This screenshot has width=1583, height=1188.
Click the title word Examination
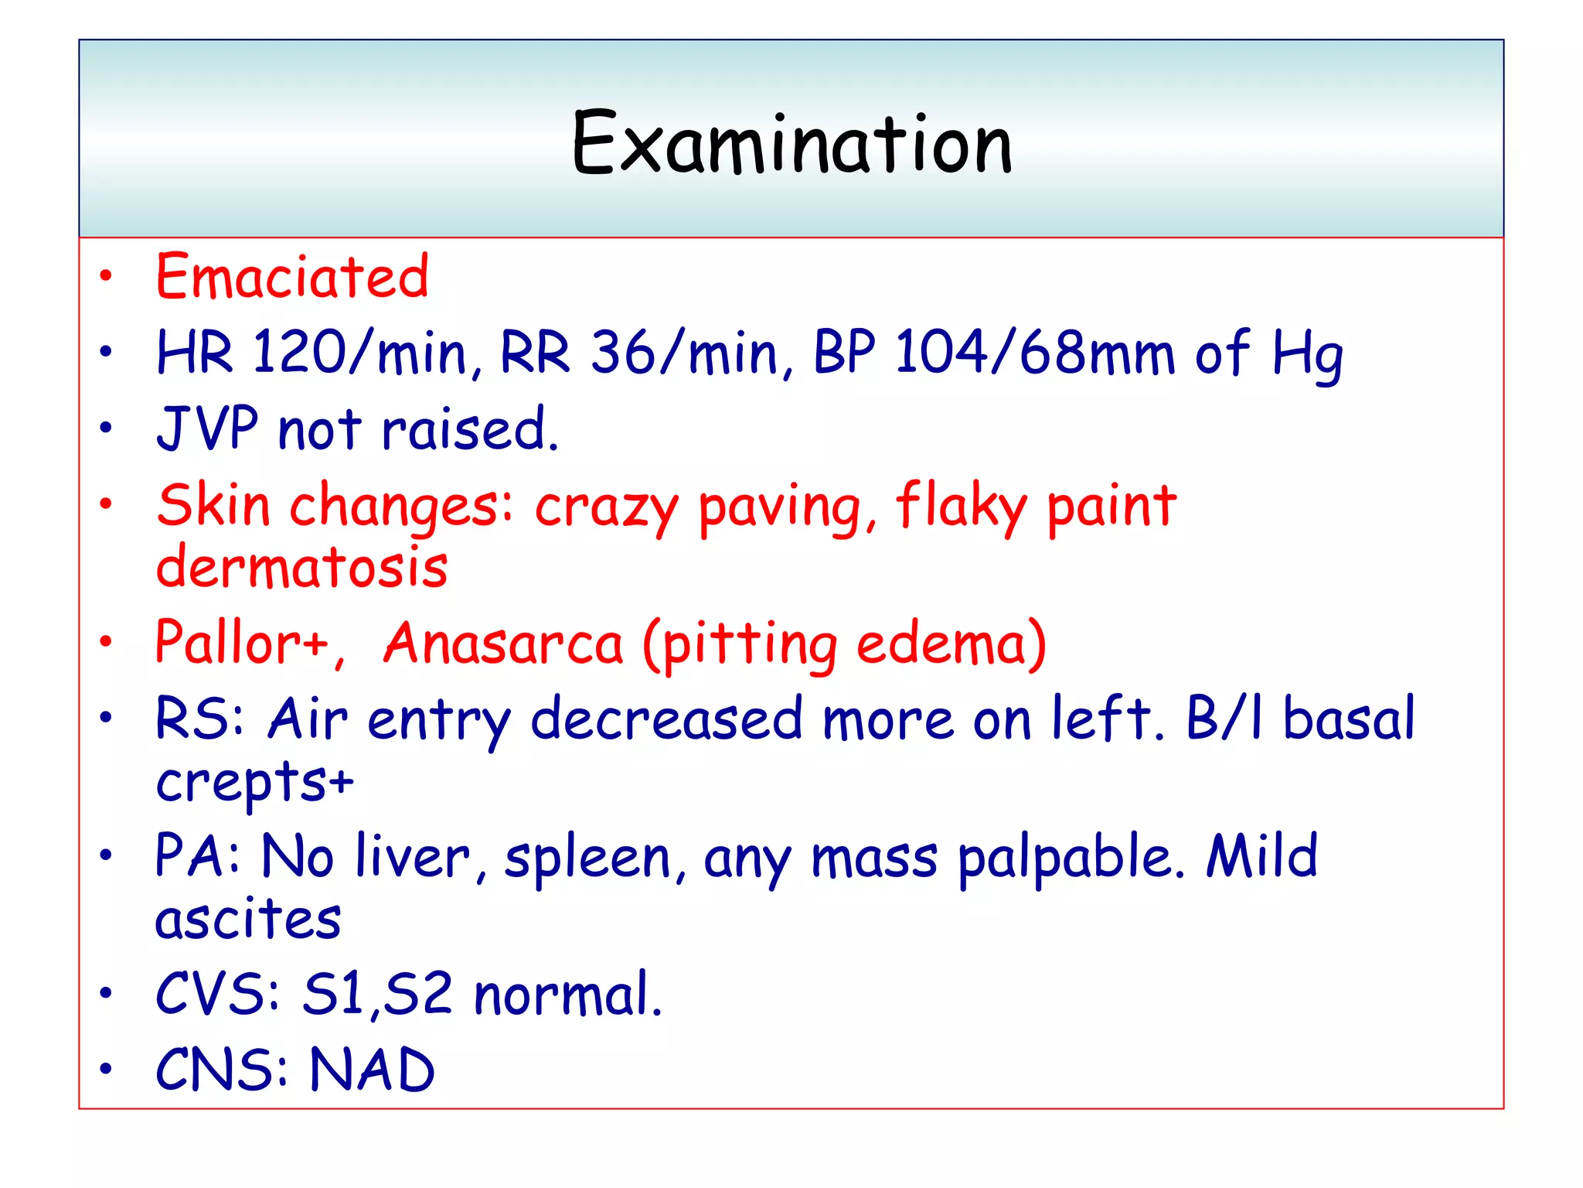791,144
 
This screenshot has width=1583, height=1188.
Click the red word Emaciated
292,276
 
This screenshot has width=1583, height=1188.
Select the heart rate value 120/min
360,353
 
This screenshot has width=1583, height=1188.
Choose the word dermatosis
301,568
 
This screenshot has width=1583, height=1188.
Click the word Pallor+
242,643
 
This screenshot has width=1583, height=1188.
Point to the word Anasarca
503,644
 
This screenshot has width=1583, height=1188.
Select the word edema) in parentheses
952,644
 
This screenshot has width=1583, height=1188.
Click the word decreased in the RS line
666,719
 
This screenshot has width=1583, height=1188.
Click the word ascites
247,920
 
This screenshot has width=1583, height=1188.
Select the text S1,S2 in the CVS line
376,994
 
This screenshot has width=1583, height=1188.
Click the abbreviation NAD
372,1070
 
